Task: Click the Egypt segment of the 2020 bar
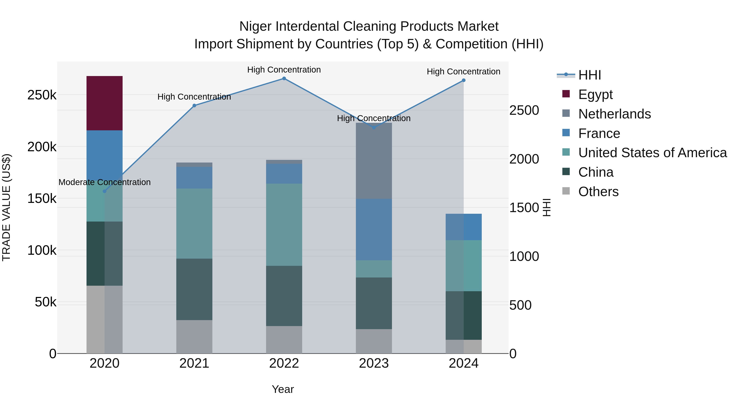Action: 104,103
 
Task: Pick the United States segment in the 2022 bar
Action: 284,225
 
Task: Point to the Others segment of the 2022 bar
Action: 284,340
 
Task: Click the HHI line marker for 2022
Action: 284,78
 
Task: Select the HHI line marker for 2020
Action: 105,191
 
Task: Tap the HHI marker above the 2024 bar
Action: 464,81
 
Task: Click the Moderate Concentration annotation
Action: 105,182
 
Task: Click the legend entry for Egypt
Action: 595,94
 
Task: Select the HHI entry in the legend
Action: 589,75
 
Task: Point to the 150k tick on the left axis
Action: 42,198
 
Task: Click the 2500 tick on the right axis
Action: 524,110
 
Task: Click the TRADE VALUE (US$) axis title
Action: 6,207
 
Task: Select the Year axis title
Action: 283,389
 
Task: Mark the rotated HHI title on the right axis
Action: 547,207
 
